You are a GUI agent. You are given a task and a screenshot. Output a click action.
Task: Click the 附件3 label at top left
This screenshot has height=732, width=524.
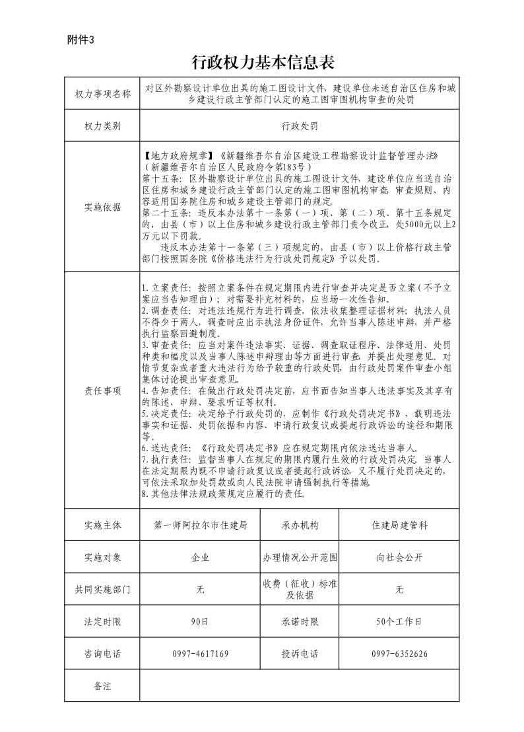81,39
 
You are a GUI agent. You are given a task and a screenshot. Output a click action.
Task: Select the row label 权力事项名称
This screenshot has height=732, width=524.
102,94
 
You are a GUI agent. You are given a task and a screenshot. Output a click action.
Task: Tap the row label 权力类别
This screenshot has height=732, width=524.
102,126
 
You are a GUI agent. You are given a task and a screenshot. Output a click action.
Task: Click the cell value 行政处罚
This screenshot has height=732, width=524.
299,126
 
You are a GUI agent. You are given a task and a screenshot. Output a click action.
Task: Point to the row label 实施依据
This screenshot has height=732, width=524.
102,207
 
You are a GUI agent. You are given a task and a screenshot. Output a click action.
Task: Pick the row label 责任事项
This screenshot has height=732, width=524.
102,390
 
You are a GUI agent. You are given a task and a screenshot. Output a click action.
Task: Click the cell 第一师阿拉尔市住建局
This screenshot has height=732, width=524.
200,525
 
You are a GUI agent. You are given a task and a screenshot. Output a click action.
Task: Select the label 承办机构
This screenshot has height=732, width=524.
300,525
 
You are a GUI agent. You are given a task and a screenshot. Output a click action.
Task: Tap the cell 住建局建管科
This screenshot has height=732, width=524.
399,525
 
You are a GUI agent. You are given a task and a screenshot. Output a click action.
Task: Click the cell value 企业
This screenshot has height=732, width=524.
200,558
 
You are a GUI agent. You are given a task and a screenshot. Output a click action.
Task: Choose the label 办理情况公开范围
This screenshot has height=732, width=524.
300,558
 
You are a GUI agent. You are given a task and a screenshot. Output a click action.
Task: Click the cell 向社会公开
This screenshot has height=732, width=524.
399,558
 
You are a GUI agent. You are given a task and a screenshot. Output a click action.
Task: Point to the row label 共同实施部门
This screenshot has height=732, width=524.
102,589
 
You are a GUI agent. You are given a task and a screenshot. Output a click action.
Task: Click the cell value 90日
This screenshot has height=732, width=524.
200,622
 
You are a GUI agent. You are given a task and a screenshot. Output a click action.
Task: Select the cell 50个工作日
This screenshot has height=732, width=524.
399,622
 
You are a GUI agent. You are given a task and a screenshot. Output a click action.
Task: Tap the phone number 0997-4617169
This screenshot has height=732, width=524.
200,654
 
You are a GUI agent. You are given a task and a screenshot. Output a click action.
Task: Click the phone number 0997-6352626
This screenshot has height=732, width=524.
399,654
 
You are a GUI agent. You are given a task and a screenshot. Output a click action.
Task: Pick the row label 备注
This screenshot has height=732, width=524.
102,686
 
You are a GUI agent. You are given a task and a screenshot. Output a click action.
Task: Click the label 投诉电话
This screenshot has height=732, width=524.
300,654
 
